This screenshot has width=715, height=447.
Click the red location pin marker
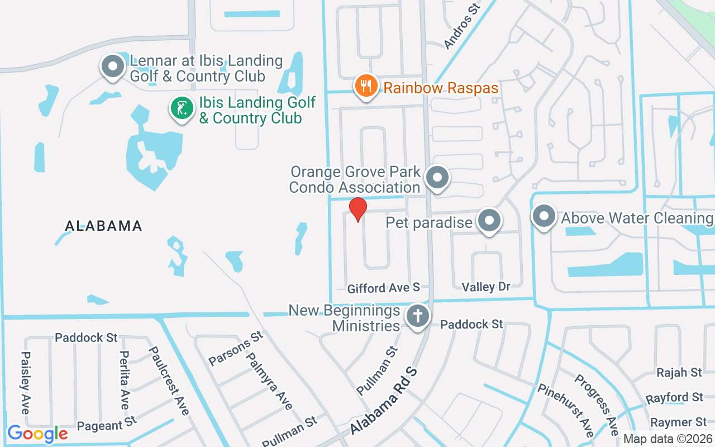pos(357,210)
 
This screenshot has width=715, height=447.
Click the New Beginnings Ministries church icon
pos(417,316)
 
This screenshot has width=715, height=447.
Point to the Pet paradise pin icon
pos(489,221)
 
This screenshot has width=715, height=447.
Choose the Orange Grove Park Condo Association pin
pos(437,178)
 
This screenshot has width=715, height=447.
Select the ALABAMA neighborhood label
pos(104,226)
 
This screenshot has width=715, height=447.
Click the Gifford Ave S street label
pos(383,288)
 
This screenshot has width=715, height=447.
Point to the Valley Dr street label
pos(486,287)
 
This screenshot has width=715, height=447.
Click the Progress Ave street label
pos(596,404)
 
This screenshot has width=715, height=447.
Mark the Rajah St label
pos(679,372)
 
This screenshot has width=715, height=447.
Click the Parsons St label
pos(235,348)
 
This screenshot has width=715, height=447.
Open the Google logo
pos(37,434)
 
